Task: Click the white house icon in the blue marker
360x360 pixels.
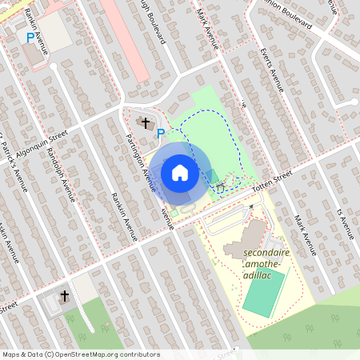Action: [180, 173]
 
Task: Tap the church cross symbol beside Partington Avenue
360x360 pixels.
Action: [146, 122]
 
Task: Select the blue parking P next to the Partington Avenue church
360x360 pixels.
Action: [161, 133]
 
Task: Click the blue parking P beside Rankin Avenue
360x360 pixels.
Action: [31, 38]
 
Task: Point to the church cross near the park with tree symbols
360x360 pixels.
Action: [64, 297]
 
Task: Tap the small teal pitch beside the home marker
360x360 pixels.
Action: [211, 176]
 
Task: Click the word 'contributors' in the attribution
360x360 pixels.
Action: [138, 354]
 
